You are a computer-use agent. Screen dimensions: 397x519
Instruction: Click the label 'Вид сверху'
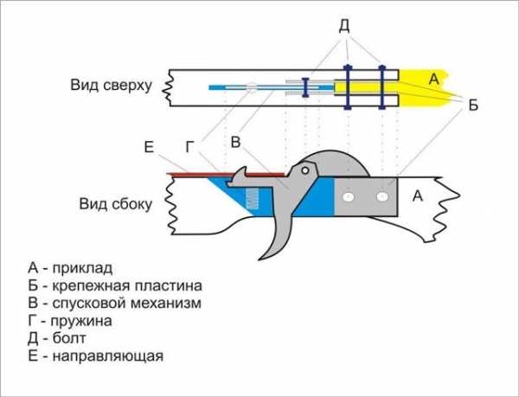pyautogui.click(x=112, y=86)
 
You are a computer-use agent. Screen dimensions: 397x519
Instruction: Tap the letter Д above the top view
pyautogui.click(x=343, y=27)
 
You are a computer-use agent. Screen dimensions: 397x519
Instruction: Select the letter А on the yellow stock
pyautogui.click(x=432, y=79)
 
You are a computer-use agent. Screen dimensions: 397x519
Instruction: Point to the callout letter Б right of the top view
pyautogui.click(x=472, y=105)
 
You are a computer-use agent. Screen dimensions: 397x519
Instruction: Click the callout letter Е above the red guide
pyautogui.click(x=149, y=147)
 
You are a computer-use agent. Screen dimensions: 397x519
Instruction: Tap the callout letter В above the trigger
pyautogui.click(x=234, y=141)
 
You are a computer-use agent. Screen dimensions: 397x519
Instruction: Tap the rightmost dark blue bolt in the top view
pyautogui.click(x=381, y=87)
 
